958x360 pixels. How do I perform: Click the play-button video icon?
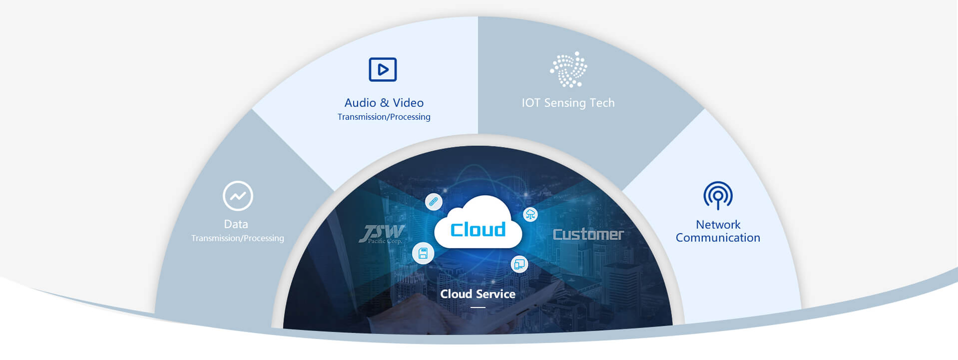[383, 69]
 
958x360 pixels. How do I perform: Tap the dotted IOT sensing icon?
[568, 69]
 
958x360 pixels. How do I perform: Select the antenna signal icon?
[718, 195]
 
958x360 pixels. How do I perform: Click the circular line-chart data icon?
[238, 196]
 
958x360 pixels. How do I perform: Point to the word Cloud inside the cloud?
[478, 230]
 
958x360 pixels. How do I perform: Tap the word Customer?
[588, 234]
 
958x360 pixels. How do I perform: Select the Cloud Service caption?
[478, 294]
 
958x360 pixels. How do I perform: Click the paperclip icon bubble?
[434, 202]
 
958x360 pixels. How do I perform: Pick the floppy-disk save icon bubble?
[423, 253]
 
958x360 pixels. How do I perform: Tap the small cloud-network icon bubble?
[530, 215]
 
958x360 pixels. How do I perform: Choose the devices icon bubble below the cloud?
[519, 264]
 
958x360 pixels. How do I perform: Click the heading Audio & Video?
[384, 103]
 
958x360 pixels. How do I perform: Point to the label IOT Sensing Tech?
[568, 103]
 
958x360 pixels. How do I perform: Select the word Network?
[718, 225]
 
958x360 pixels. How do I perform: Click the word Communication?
[718, 238]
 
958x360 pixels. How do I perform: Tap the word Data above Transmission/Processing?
[236, 224]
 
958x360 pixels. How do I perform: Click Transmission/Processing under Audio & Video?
[384, 117]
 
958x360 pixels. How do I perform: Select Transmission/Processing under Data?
[237, 238]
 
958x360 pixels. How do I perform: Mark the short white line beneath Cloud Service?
[478, 308]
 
